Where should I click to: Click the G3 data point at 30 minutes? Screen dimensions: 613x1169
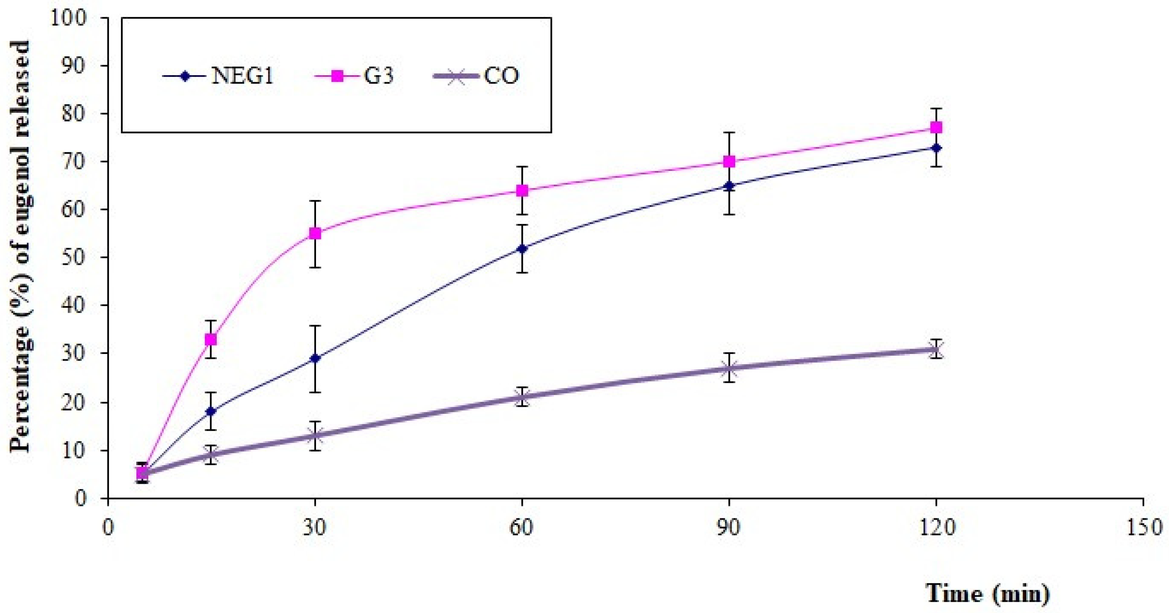click(x=315, y=234)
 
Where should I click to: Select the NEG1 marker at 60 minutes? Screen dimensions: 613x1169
click(x=522, y=248)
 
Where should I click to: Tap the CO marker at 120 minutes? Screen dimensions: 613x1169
click(x=936, y=349)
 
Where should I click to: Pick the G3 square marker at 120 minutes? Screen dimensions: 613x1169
click(x=936, y=128)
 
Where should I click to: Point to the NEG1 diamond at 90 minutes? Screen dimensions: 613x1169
click(x=729, y=185)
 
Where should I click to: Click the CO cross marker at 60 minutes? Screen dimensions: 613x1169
click(x=522, y=397)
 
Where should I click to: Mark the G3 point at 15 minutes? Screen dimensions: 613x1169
click(x=211, y=340)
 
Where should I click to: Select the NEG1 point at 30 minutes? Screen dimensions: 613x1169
click(x=315, y=359)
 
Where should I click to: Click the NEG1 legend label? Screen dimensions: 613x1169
click(x=242, y=76)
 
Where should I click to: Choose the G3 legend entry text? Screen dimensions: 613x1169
click(x=378, y=76)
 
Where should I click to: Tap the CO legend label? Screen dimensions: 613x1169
click(x=501, y=76)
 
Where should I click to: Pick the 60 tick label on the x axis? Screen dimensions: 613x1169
click(x=522, y=527)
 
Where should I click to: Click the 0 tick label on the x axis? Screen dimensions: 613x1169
click(x=108, y=527)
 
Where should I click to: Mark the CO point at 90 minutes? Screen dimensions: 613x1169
click(x=729, y=368)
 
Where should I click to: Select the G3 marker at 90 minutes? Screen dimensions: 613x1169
click(x=729, y=162)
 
